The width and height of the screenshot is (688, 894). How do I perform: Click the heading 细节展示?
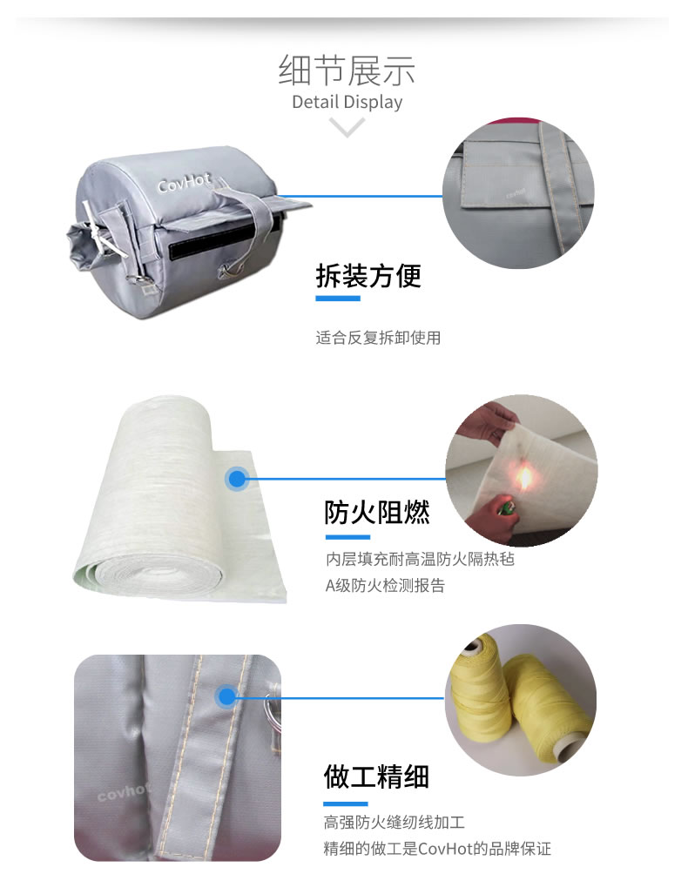click(x=347, y=70)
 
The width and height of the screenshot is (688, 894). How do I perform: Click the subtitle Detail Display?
click(x=347, y=102)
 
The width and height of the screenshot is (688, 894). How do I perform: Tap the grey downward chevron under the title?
click(x=347, y=129)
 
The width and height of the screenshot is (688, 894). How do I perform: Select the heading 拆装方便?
click(x=368, y=276)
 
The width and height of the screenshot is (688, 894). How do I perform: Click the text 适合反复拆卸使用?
click(x=378, y=337)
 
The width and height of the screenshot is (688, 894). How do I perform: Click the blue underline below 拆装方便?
click(x=337, y=299)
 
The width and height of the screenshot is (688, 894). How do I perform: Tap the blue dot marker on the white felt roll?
click(x=236, y=478)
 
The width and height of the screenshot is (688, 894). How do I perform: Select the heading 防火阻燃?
click(x=376, y=513)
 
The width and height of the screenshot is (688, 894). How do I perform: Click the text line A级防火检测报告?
click(x=385, y=586)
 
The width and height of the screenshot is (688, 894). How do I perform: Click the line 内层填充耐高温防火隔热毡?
click(x=420, y=559)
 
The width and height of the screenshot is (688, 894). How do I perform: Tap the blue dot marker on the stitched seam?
click(x=226, y=696)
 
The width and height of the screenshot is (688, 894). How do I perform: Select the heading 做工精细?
click(x=376, y=776)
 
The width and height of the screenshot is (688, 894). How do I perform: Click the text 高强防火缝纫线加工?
click(x=395, y=822)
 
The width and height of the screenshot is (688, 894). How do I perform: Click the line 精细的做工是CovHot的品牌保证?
click(x=437, y=849)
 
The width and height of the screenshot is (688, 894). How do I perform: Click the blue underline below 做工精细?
click(x=346, y=803)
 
